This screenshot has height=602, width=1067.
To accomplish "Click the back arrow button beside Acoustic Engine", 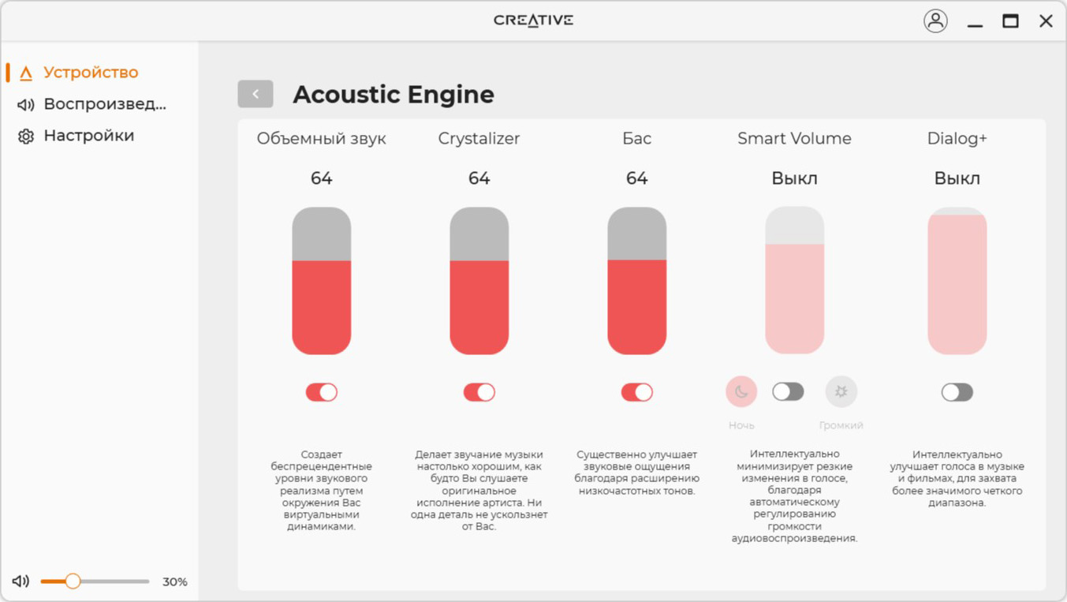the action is (256, 94).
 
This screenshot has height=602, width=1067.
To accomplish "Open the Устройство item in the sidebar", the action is (91, 73).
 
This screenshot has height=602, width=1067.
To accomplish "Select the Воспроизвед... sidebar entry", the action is (105, 104).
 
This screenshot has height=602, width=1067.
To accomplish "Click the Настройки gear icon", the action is (26, 136).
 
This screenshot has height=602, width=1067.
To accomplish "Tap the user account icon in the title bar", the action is (935, 21).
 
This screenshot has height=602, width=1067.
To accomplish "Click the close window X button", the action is (1046, 21).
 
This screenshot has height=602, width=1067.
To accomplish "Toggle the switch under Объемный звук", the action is (322, 392).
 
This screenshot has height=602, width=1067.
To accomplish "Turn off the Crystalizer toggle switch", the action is (479, 392).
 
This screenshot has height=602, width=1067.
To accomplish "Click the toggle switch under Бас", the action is (637, 392).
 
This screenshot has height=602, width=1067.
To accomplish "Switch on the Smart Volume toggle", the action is (789, 392).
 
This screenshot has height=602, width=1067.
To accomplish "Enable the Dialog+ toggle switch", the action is (957, 392).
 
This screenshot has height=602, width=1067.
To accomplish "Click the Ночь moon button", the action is (741, 392).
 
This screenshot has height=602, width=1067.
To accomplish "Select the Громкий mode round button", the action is (841, 392).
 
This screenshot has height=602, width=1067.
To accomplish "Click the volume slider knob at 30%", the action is (73, 581).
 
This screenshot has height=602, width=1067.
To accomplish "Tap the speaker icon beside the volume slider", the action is (21, 581).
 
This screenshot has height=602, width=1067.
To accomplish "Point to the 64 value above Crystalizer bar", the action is (479, 178).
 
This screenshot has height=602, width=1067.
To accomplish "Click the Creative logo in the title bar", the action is (533, 21).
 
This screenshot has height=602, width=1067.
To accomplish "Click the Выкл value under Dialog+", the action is (957, 179).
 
